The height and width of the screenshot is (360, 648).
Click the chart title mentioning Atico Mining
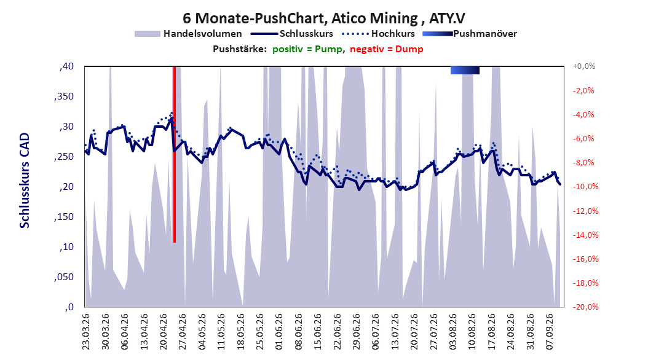click(x=324, y=18)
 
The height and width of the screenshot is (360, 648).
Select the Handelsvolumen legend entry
click(x=188, y=34)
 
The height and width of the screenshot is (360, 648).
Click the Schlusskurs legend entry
click(x=292, y=34)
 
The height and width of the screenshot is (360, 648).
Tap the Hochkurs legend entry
click(x=378, y=34)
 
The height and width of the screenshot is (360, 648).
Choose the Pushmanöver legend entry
click(x=470, y=34)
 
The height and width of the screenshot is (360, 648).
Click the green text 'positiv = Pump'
click(x=307, y=49)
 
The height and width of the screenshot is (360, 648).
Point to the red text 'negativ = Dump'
click(x=387, y=49)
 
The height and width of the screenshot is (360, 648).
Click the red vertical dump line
click(x=175, y=154)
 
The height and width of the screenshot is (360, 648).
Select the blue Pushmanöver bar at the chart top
click(x=465, y=70)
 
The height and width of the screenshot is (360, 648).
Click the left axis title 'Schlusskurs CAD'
click(x=25, y=181)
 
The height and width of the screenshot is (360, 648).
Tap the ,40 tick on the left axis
click(x=66, y=66)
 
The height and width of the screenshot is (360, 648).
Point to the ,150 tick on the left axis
click(x=64, y=217)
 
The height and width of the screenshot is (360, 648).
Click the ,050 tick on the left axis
click(x=64, y=277)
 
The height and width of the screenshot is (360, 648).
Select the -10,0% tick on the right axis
click(x=585, y=187)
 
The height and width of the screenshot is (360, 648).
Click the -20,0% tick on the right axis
click(x=585, y=307)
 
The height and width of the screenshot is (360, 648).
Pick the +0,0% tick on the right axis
click(x=584, y=66)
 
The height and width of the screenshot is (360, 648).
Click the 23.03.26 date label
click(x=86, y=332)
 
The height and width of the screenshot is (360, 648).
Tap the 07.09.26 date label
click(x=550, y=332)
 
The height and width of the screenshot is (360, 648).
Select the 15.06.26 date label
click(x=318, y=332)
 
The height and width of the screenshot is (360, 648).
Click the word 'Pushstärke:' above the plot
click(x=240, y=49)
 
